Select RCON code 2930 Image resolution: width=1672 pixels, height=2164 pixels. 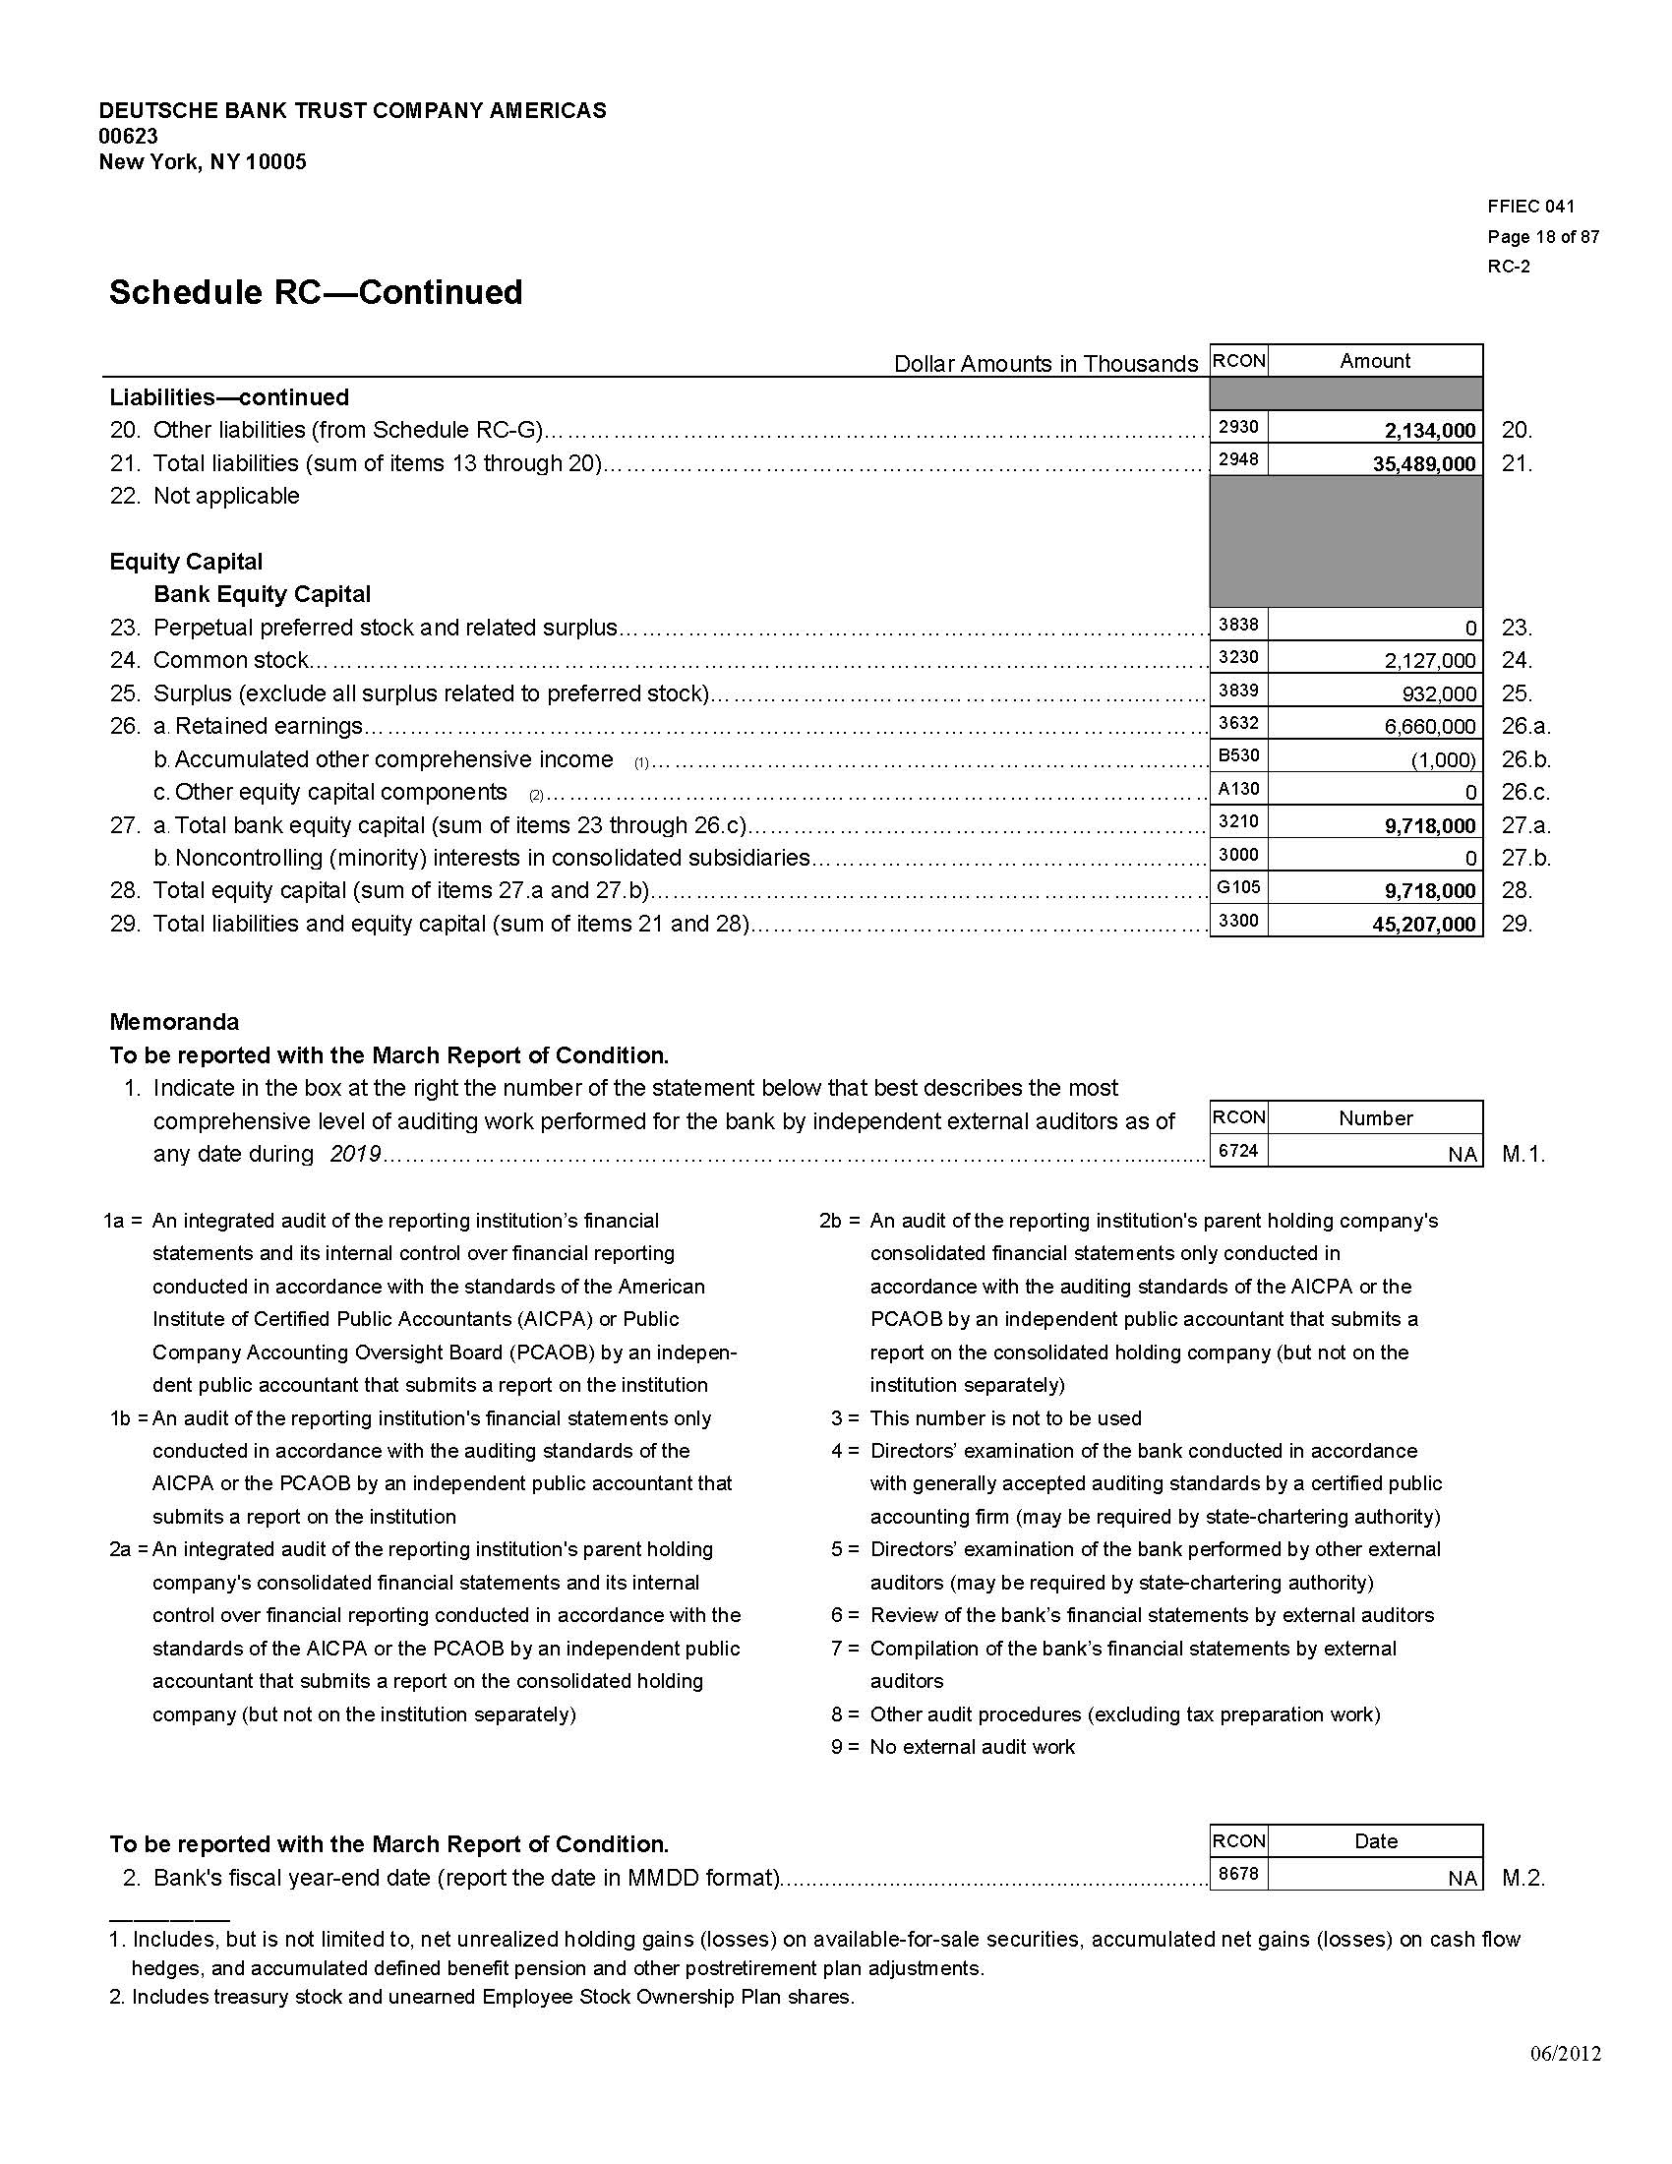(1237, 427)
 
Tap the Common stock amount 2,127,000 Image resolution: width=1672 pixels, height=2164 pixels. (1429, 661)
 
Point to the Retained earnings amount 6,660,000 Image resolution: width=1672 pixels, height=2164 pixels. (1429, 726)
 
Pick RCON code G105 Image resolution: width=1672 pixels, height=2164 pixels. (1237, 888)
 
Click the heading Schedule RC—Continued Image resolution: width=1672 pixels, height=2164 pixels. (316, 292)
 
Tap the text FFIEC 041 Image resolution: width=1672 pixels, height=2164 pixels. (1530, 207)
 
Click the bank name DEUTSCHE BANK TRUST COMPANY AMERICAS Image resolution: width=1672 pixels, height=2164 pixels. (353, 110)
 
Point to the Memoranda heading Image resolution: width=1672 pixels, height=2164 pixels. (174, 1022)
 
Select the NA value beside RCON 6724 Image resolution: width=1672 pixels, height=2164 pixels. (1461, 1155)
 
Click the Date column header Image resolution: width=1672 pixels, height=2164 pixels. (1375, 1841)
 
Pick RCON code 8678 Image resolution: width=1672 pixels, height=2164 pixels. (1237, 1874)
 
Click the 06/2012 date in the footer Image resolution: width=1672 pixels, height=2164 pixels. (1564, 2054)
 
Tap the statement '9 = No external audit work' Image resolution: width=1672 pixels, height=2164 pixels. (953, 1747)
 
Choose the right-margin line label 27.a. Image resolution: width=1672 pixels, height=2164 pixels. (1525, 825)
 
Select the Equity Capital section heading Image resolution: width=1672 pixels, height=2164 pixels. (186, 562)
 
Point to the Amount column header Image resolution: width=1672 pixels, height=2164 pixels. (1375, 361)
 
